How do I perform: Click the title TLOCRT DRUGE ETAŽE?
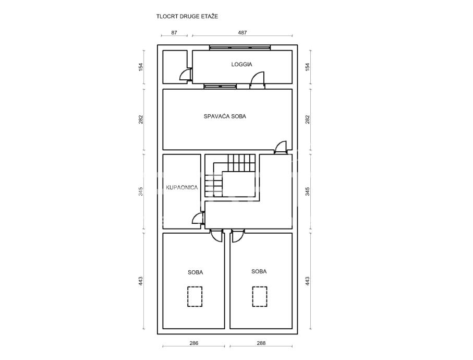187,16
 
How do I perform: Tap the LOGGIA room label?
242,65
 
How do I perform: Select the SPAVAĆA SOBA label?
225,116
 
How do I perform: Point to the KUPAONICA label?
181,187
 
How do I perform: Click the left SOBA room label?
196,272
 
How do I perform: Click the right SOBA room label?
259,271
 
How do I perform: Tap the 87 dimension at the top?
175,32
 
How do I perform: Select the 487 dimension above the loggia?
242,32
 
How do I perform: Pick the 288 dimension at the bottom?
261,343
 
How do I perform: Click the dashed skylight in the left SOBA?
195,296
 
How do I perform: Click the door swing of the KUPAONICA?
198,218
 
